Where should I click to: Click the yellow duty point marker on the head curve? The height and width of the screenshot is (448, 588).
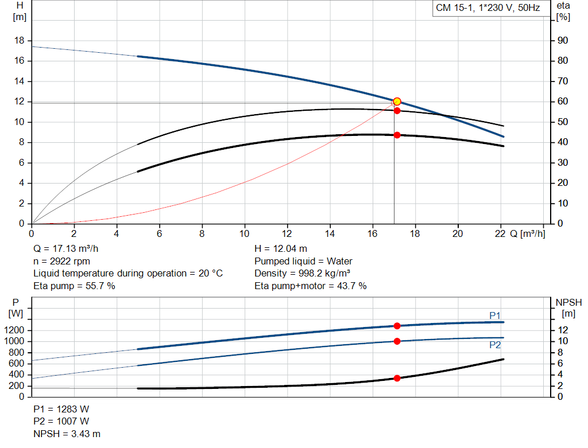coord(397,102)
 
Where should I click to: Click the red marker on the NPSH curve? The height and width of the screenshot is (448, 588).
coord(397,378)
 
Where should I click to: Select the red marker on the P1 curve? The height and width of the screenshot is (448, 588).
coord(397,326)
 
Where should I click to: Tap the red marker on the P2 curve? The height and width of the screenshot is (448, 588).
coord(397,341)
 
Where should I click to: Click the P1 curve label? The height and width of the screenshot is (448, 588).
coord(495,315)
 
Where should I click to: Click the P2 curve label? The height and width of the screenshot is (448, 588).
coord(495,345)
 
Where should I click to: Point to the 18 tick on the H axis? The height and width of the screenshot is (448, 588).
coord(20,41)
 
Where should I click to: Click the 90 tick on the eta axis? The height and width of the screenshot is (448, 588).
coord(563,41)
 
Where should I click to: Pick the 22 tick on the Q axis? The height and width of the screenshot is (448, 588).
coord(500,233)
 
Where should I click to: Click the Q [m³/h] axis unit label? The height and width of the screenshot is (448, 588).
coord(528,233)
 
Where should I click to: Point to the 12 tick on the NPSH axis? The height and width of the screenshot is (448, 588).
coord(564,330)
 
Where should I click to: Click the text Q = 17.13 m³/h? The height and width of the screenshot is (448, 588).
coord(69,249)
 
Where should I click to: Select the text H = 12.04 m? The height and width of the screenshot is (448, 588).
coord(281,249)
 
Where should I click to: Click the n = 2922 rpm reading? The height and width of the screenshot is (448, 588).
coord(61,261)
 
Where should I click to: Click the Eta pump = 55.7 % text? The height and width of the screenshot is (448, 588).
coord(74,286)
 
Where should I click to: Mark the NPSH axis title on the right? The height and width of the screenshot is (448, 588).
coord(568,302)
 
